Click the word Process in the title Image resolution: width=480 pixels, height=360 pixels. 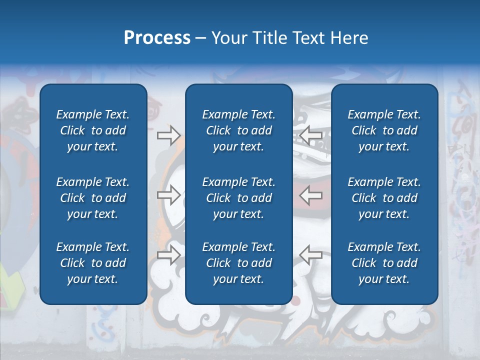coord(157,38)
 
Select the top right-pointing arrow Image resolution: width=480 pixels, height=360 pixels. coord(168,135)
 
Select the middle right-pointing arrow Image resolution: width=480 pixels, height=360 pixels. coord(168,195)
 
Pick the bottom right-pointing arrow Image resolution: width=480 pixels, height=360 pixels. coord(168,254)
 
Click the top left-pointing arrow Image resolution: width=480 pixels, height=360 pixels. coord(310,135)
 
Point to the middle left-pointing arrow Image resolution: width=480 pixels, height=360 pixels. coord(310,195)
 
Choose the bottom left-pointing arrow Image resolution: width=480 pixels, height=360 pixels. coord(310,254)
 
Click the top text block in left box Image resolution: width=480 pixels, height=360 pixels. coord(93,130)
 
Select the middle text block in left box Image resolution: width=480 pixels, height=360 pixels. coord(93,198)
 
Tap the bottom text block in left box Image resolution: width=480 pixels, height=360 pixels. coord(93,263)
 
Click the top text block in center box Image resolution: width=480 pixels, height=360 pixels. coord(238,130)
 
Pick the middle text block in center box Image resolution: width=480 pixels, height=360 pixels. coord(238,198)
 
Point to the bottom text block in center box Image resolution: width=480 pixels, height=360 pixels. coord(238,263)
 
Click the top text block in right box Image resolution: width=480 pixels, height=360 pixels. coord(384,130)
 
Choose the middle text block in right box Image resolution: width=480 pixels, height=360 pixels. coord(384,198)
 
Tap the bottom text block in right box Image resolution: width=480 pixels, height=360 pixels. coord(384,263)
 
